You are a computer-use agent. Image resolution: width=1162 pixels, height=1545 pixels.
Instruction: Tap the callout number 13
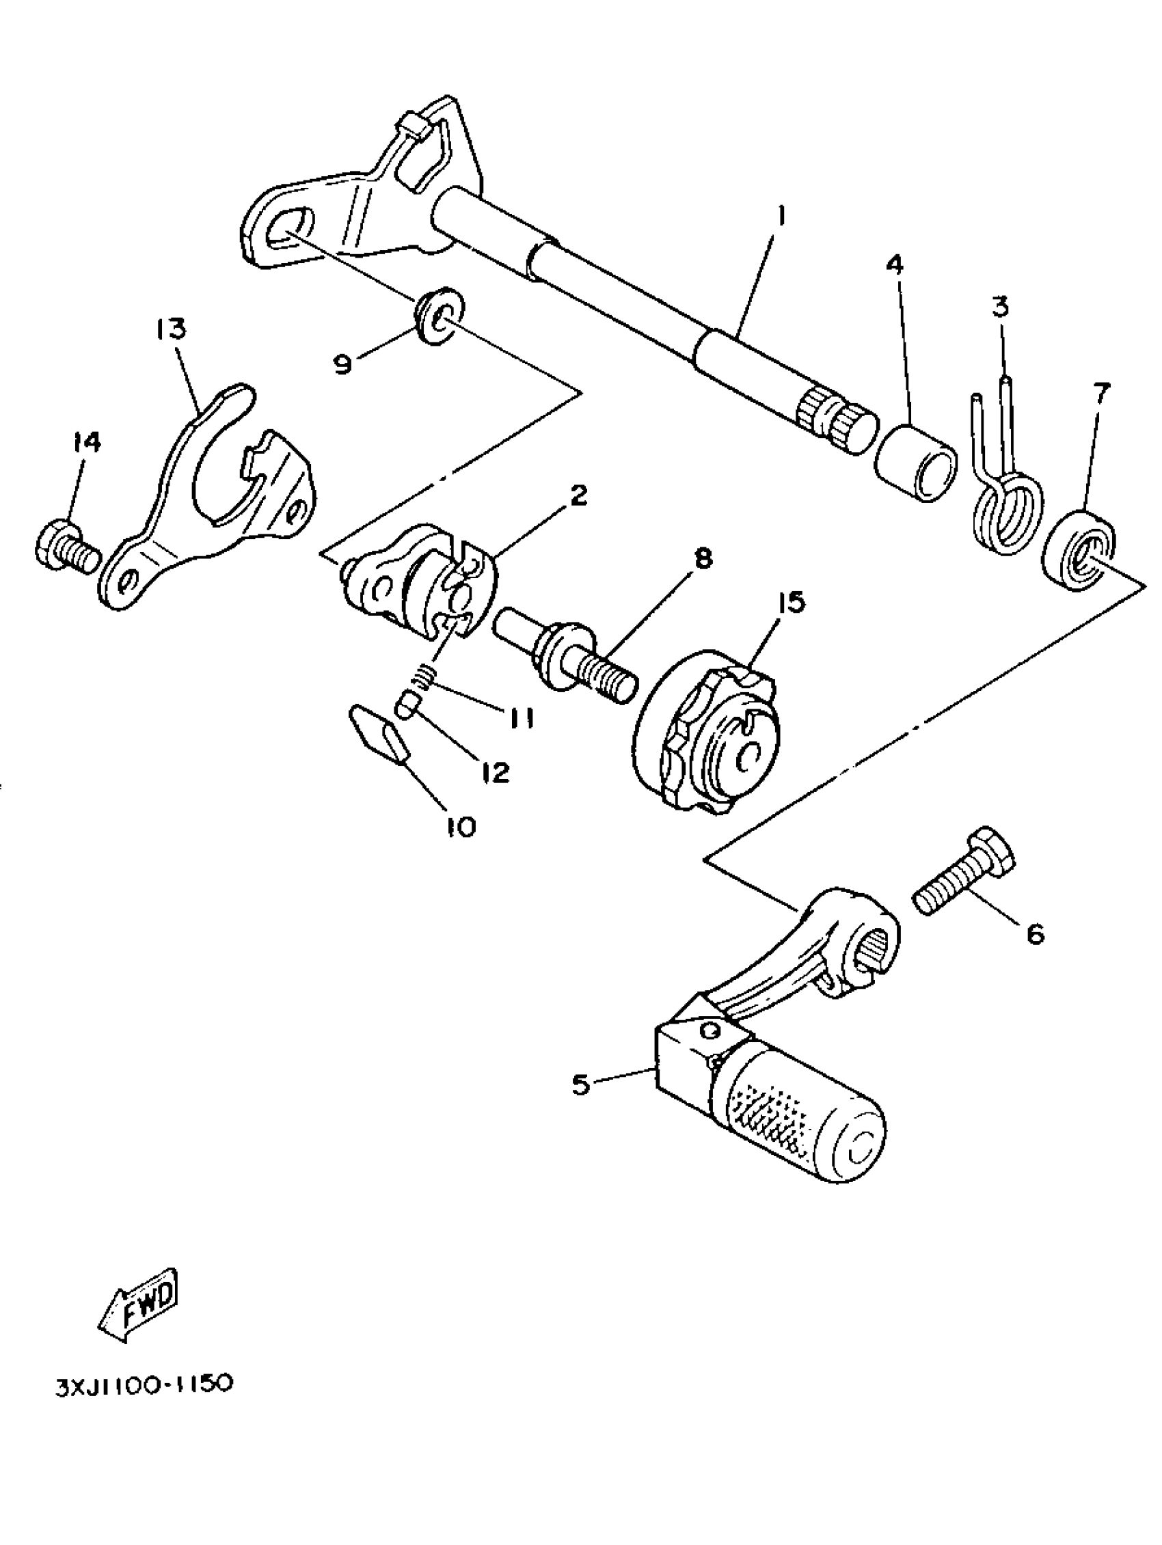point(171,328)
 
